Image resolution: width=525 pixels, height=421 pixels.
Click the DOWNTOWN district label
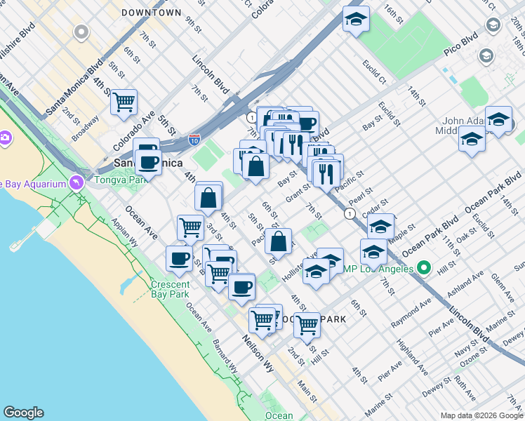pyautogui.click(x=151, y=13)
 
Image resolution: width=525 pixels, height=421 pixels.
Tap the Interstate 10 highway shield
pyautogui.click(x=194, y=140)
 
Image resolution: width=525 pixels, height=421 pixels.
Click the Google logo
pyautogui.click(x=23, y=413)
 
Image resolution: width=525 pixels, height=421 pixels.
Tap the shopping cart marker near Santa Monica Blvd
pyautogui.click(x=124, y=102)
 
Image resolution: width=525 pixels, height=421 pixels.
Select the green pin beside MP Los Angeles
pyautogui.click(x=423, y=267)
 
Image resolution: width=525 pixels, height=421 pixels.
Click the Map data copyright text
pyautogui.click(x=481, y=415)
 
